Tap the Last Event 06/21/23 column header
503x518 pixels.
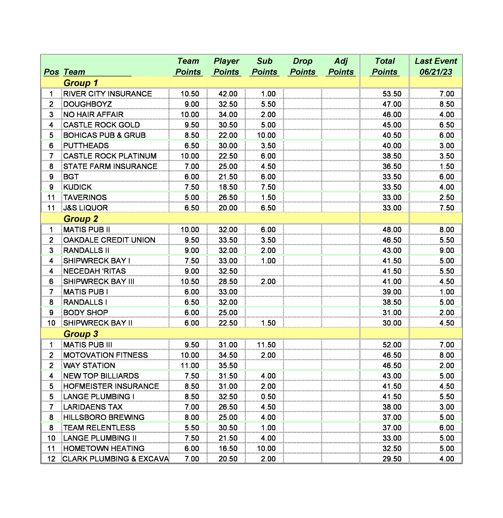point(436,66)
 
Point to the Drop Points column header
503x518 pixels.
point(303,66)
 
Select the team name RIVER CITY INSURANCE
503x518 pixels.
point(108,94)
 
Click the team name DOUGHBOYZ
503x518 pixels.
point(87,104)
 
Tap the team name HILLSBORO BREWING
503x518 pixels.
point(104,417)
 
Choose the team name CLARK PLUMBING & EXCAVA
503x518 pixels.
point(115,459)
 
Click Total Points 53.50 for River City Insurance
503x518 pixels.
point(392,94)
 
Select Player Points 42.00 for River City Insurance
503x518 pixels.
point(228,94)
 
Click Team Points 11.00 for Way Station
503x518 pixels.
point(190,365)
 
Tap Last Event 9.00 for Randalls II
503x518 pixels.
point(446,251)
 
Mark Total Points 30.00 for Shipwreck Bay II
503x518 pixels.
point(392,323)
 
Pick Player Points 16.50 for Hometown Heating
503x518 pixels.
point(228,448)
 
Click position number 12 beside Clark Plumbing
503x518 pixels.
point(51,459)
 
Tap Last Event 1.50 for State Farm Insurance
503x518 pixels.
point(446,167)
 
